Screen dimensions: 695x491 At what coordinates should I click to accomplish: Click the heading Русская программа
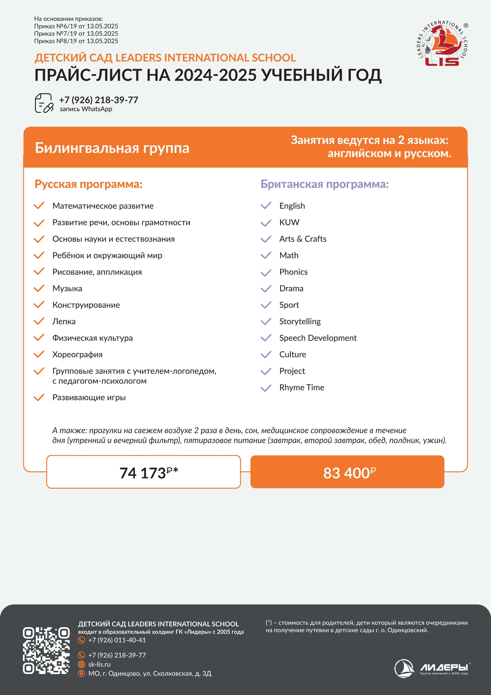[88, 184]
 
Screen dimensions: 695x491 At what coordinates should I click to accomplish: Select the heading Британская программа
[325, 184]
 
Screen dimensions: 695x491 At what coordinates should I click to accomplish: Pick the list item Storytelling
[300, 321]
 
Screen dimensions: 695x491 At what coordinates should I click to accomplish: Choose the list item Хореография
[77, 354]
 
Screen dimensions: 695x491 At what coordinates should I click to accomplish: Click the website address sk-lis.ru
[99, 664]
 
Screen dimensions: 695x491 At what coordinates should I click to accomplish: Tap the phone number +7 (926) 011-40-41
[117, 640]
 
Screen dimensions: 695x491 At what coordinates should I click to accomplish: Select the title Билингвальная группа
[112, 148]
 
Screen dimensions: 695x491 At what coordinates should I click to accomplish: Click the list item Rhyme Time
[302, 387]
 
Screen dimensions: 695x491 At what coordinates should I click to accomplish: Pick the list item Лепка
[64, 321]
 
